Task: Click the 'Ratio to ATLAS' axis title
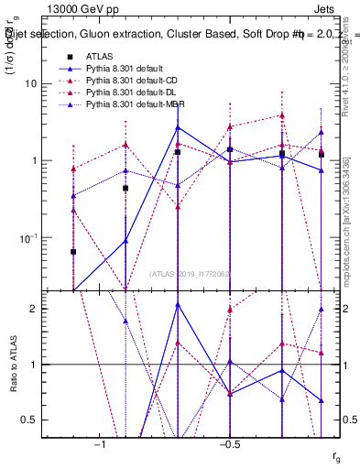click(x=13, y=365)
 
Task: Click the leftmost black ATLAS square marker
click(x=73, y=251)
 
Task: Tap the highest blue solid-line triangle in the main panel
click(x=178, y=127)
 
